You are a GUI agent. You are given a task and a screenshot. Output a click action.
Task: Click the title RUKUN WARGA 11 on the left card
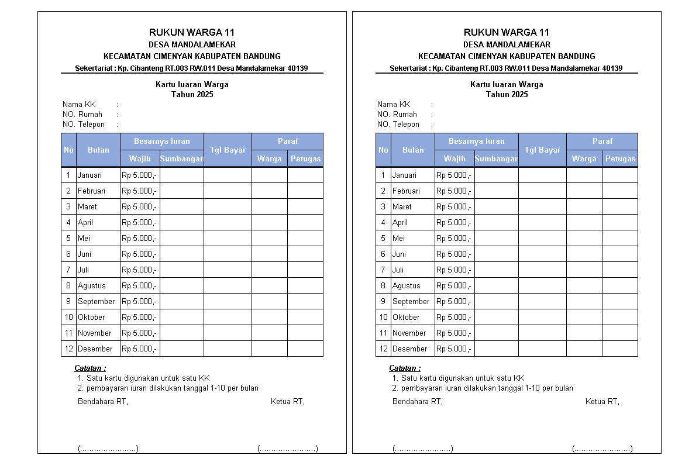click(192, 32)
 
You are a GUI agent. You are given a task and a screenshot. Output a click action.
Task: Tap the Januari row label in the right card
click(404, 175)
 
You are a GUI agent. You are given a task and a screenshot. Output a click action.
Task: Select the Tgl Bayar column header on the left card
click(228, 150)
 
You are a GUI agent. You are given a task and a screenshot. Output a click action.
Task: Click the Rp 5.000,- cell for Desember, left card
click(139, 349)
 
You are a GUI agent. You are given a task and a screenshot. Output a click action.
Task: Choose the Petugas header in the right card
click(620, 158)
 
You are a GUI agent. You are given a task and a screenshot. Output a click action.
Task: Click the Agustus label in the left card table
click(92, 285)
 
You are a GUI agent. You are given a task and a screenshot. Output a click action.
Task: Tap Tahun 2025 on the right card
click(507, 94)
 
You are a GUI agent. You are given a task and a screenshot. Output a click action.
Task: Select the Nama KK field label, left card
click(79, 104)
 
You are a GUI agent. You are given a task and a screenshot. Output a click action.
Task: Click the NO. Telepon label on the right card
click(398, 124)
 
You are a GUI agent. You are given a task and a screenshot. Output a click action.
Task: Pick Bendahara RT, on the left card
click(103, 401)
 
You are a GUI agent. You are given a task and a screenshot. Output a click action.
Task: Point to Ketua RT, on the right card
click(602, 401)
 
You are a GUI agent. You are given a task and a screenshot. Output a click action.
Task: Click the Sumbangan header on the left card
click(182, 158)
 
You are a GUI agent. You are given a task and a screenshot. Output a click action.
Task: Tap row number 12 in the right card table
click(383, 349)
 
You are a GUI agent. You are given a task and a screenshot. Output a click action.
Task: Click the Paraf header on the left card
click(287, 141)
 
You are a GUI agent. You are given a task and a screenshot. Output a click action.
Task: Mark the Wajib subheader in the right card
click(454, 158)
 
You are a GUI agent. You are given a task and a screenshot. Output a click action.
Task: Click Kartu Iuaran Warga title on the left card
click(192, 84)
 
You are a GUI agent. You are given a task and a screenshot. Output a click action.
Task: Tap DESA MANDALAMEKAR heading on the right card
click(507, 44)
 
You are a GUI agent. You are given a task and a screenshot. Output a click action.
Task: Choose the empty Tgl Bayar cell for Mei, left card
click(228, 238)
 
